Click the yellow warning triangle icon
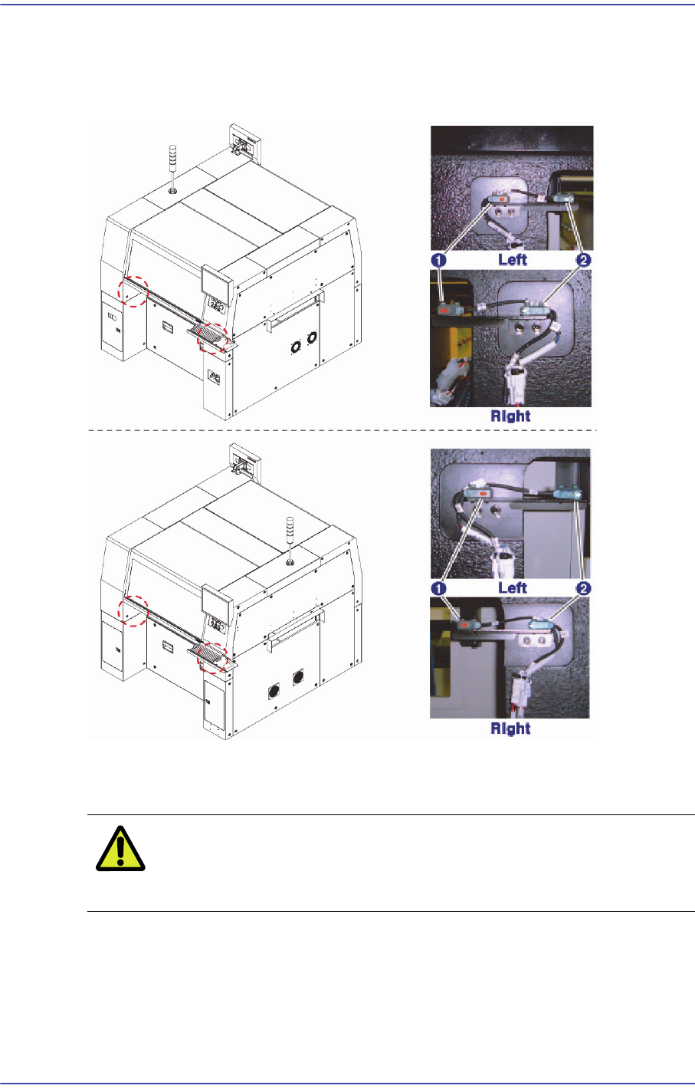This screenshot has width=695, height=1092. [120, 849]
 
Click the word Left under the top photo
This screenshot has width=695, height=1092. [513, 259]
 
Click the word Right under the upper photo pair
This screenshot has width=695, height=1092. [510, 416]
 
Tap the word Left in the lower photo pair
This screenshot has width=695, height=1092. [513, 587]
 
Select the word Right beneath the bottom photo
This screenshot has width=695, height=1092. [510, 729]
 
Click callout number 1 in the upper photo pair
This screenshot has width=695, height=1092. [439, 260]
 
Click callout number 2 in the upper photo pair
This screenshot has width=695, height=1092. [583, 260]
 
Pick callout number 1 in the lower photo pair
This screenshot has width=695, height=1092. [439, 588]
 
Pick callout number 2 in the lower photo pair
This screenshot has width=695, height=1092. [583, 588]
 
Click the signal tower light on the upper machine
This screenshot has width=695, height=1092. [172, 168]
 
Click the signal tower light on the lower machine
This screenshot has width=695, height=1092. [290, 541]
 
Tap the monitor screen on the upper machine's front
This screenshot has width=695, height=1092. [216, 284]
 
